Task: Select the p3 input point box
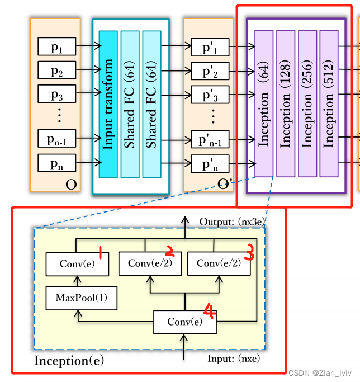(56, 93)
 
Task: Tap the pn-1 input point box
(56, 139)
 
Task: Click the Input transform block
(108, 104)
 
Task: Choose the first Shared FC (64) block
(130, 104)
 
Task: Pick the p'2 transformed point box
(210, 70)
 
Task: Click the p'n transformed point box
(210, 163)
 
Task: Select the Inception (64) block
(264, 104)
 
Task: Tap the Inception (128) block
(285, 104)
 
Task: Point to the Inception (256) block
(307, 104)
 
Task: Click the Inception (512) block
(329, 104)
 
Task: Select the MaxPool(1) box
(81, 299)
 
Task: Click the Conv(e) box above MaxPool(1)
(77, 264)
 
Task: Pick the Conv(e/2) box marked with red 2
(150, 263)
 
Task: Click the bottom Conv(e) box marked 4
(185, 322)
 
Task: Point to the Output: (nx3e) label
(230, 222)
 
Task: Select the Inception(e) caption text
(69, 361)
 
